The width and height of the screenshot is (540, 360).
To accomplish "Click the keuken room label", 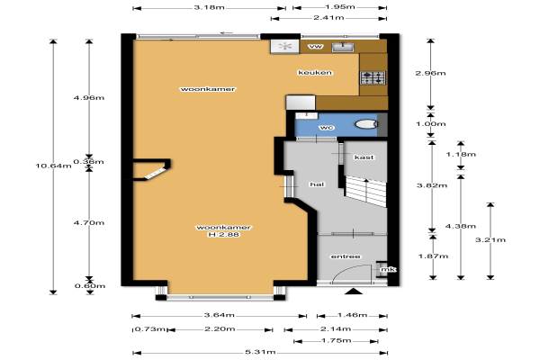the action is pos(315,72).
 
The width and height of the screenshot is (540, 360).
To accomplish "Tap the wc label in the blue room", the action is pos(327,128).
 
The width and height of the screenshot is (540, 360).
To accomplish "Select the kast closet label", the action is pos(364,157).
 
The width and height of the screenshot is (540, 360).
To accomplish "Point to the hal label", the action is pos(317,184).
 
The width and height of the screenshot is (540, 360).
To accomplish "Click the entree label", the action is pos(346,256).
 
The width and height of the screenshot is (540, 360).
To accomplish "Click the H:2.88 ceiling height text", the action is pos(223,235).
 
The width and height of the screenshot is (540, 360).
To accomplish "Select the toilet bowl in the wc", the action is pos(365,124).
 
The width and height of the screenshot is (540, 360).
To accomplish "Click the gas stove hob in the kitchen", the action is pos(373,77).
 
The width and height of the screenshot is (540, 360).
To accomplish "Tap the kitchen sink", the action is pos(343,47).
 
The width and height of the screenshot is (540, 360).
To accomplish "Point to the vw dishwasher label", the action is pos(316,46).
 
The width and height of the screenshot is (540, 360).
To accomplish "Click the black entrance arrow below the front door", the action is pos(354,292).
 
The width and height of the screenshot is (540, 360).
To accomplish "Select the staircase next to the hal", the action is pos(365,190).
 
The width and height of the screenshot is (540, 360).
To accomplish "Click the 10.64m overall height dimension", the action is pos(53,166).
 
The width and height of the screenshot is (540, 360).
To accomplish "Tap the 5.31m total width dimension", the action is pos(260,352).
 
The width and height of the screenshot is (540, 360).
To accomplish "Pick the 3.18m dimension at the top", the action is pos(209,7).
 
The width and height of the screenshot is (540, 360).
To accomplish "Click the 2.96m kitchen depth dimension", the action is pos(430,73).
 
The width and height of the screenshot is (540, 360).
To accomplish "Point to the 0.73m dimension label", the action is pos(149,329).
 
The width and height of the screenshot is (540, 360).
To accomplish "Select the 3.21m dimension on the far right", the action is pos(490,239).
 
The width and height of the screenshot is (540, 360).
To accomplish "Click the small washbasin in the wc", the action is pos(306,115).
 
